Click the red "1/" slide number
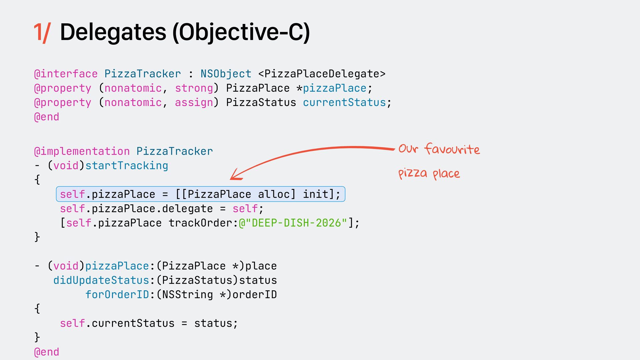[42, 33]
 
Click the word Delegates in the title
[113, 32]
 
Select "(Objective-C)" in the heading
[241, 33]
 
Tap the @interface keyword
[66, 74]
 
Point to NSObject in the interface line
[226, 74]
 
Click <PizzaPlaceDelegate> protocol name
[322, 74]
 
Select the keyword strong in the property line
[194, 88]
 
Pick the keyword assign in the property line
[194, 102]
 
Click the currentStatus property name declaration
[344, 102]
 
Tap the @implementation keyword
[82, 151]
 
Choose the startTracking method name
[127, 166]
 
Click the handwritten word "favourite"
[452, 149]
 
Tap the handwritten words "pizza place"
[429, 173]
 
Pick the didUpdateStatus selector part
[101, 280]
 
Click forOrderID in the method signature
[117, 294]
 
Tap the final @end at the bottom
[47, 352]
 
